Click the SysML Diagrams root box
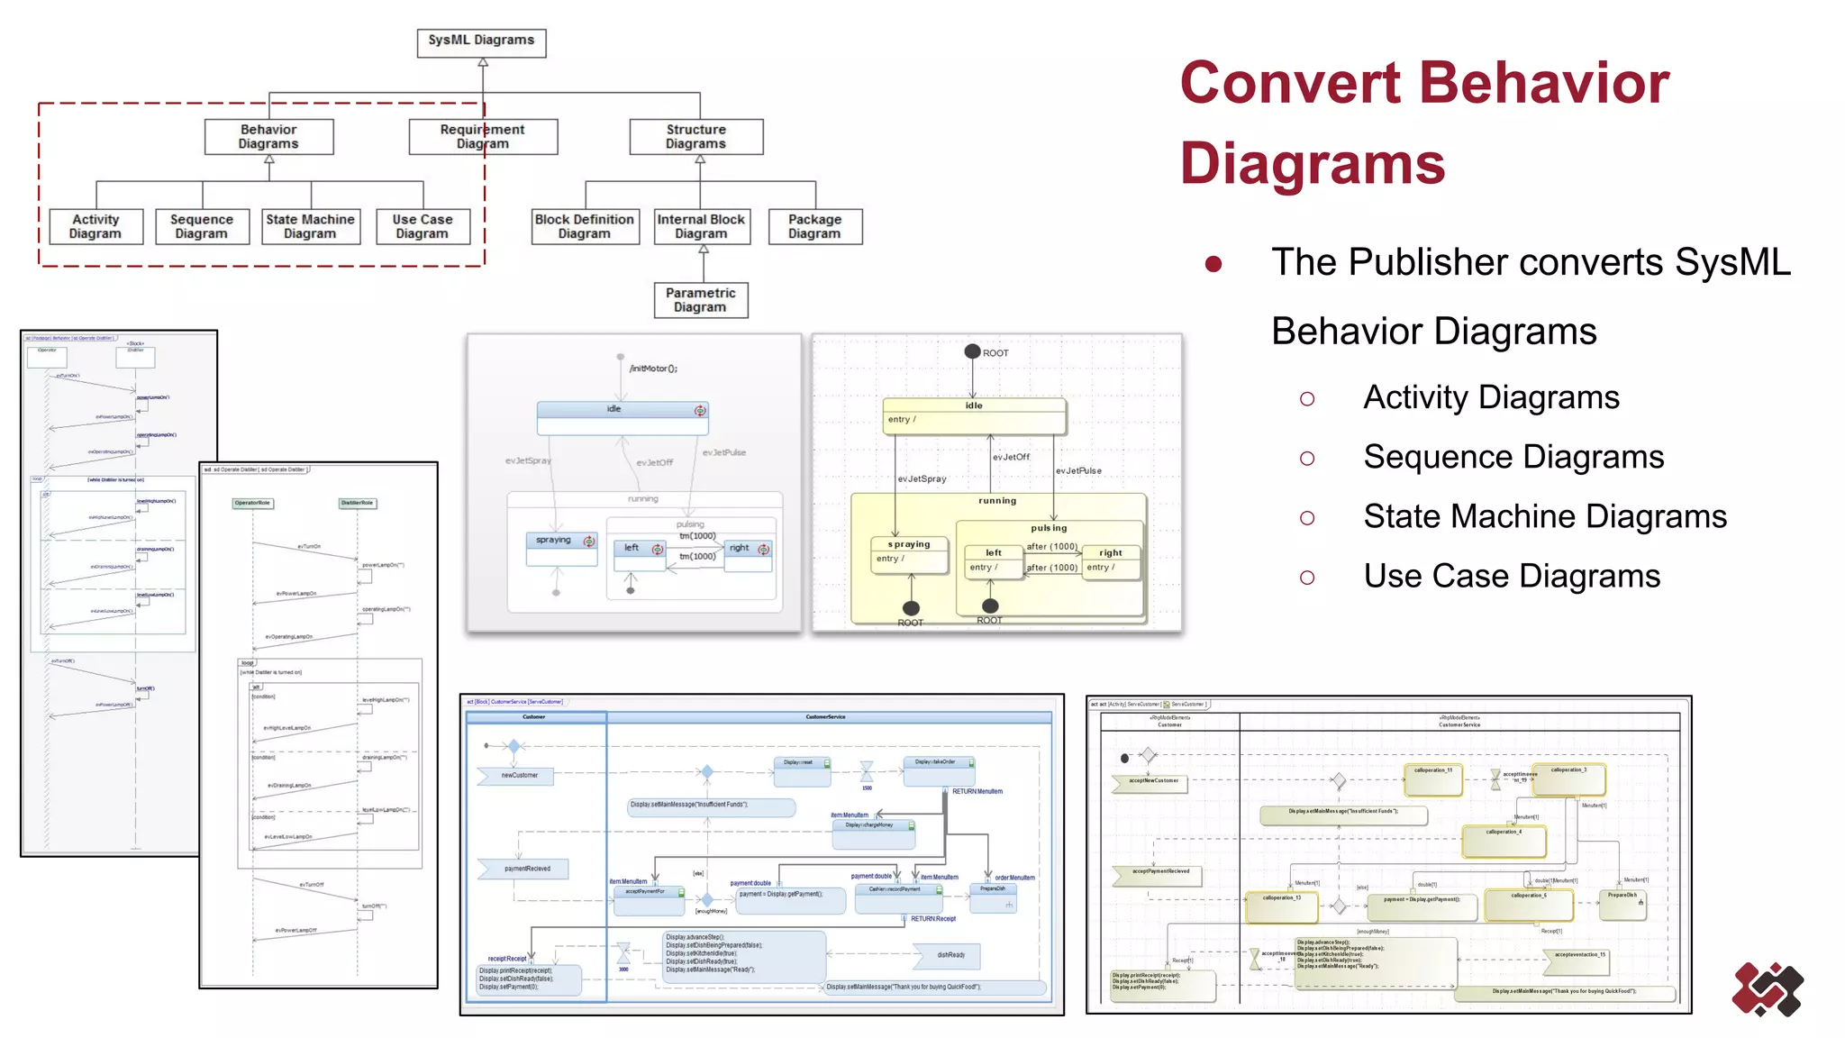(481, 41)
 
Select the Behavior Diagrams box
(268, 137)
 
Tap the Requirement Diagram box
(483, 137)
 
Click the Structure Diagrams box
(695, 137)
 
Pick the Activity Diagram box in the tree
(95, 226)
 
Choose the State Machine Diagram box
(311, 226)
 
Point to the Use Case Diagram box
(423, 226)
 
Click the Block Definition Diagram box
(585, 226)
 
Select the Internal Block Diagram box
(701, 226)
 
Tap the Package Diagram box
(814, 226)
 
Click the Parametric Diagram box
(701, 300)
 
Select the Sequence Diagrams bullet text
(1513, 457)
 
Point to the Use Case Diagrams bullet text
(1512, 576)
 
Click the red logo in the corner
(1767, 989)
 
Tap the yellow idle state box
(974, 415)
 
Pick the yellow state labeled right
(1111, 561)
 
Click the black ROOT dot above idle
(972, 351)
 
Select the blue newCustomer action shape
(516, 775)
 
